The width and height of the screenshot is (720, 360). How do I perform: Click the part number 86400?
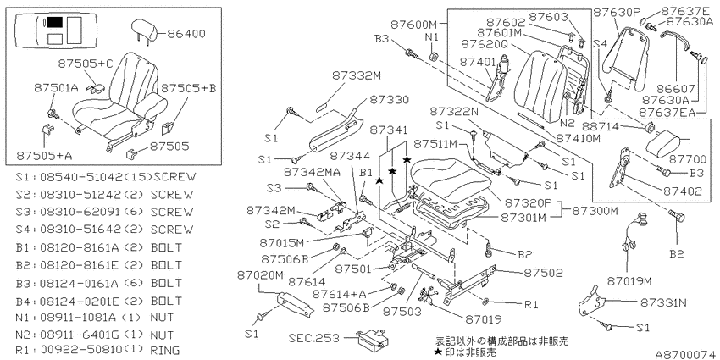tap(186, 34)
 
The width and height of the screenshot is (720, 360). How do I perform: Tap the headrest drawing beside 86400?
tap(144, 30)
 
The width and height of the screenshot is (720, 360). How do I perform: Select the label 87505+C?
tap(86, 64)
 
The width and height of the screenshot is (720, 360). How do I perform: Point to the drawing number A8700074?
tap(686, 354)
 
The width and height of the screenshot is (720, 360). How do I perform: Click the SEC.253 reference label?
tap(315, 338)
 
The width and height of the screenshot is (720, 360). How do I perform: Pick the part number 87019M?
tap(629, 280)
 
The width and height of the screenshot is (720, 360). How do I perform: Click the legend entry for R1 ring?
tap(97, 351)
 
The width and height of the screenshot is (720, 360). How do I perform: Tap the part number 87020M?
tap(261, 274)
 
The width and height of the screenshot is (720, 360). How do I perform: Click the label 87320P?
tap(528, 202)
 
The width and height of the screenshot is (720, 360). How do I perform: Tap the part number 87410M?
tap(578, 137)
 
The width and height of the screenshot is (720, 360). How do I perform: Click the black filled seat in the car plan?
tap(55, 22)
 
